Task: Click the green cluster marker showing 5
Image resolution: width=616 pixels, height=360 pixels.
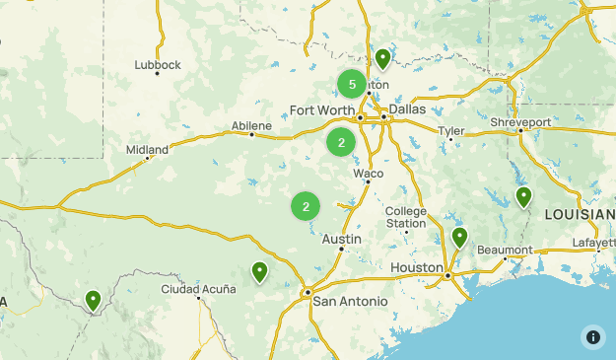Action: coord(352,84)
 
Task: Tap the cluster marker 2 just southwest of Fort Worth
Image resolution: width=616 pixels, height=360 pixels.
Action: coord(341,142)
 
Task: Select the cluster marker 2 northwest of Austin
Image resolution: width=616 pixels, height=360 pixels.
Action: coord(306,206)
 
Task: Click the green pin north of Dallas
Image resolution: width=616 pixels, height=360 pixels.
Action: coord(382,59)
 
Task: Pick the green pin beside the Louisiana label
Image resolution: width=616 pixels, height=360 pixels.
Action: coord(523,197)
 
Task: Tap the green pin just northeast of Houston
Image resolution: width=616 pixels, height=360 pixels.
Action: coord(459,238)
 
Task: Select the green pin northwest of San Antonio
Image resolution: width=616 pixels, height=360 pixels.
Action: coord(259,271)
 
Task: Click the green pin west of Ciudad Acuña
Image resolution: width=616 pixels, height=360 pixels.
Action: coord(93,299)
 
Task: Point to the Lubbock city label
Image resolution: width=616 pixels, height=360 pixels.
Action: coord(158,65)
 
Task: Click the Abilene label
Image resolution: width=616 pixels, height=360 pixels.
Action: coord(251,125)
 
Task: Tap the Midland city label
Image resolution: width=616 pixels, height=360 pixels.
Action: coord(147,150)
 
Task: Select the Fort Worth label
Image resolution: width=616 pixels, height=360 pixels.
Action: coord(320,109)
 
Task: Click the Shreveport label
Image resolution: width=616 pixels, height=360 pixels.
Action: coord(520,122)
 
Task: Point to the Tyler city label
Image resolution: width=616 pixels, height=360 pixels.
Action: coord(450,130)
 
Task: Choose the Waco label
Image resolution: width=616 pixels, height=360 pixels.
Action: coord(368,174)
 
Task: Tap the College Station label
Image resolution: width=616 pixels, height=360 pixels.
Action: coord(406,217)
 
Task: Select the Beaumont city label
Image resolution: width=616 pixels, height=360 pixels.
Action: coord(505,250)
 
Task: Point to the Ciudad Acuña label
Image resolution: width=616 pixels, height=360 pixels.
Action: coord(199,289)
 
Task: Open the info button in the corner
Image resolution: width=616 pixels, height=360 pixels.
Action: coord(592,336)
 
